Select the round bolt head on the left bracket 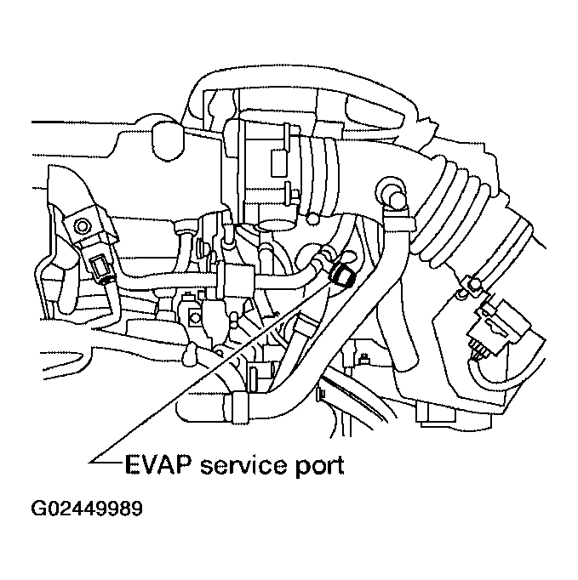[82, 225]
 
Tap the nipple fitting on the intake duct [392, 190]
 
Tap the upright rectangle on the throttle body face [277, 161]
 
